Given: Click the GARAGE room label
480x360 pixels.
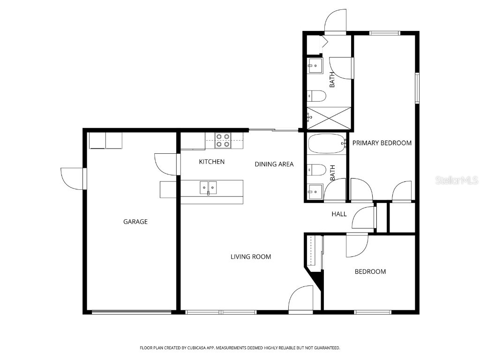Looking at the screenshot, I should click(x=135, y=222).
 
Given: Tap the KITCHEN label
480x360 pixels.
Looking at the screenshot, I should click(x=211, y=162).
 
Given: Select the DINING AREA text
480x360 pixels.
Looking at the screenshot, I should click(x=274, y=164).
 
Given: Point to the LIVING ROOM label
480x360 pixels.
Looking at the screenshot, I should click(x=250, y=256).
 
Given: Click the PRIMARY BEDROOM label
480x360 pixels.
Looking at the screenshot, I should click(x=382, y=143).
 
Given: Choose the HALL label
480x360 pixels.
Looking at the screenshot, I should click(x=339, y=214).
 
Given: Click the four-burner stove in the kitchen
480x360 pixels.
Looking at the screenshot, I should click(x=223, y=140).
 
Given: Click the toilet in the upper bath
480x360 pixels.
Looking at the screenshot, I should click(x=316, y=96).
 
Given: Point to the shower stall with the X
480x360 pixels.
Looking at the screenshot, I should click(x=329, y=117).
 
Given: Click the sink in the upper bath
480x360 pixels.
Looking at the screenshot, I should click(x=315, y=67).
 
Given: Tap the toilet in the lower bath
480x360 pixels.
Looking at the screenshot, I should click(x=316, y=169).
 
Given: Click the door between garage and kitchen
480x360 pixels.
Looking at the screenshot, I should click(x=167, y=164).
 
